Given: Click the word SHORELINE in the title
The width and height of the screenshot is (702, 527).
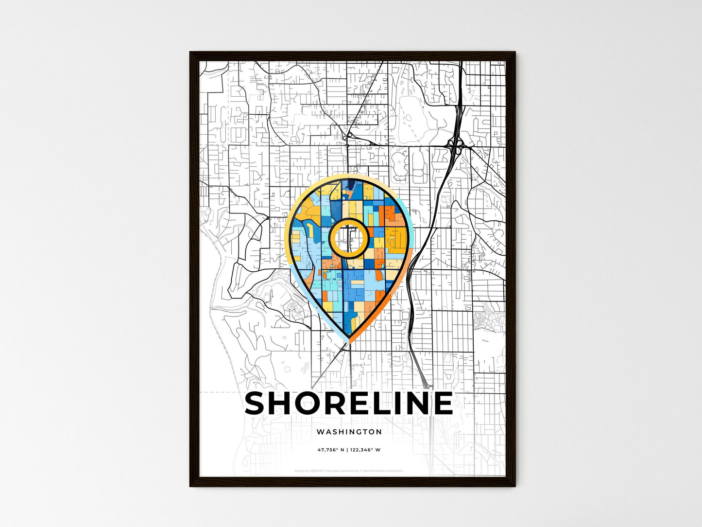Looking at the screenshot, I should (x=349, y=404).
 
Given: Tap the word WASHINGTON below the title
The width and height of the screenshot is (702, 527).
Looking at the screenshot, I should (x=349, y=432).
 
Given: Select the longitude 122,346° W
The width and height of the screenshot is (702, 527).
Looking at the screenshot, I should (x=365, y=450).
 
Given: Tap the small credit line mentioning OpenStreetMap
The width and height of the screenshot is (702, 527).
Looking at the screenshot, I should (x=349, y=471).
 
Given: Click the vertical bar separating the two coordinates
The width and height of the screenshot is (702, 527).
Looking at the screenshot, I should (x=347, y=450).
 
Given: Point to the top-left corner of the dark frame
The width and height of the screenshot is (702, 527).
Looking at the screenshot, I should (x=191, y=53).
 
